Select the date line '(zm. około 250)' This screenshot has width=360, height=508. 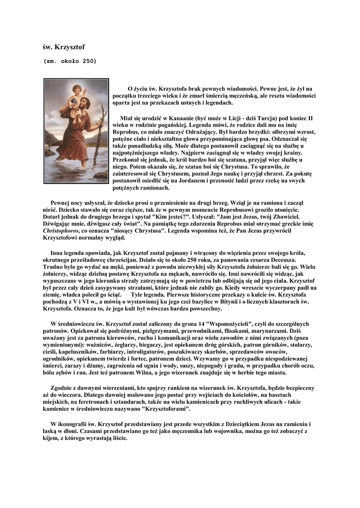coord(70,62)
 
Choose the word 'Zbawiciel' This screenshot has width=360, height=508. coord(288,217)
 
